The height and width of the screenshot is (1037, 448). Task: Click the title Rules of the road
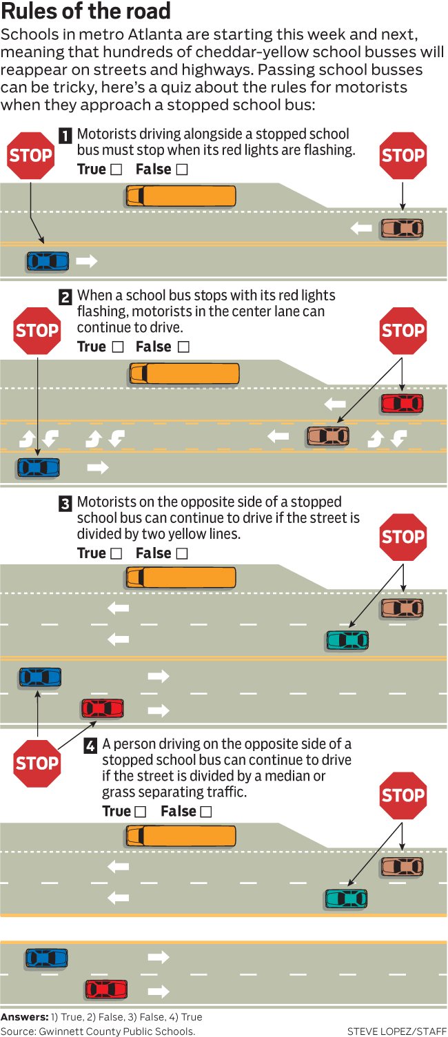coord(85,12)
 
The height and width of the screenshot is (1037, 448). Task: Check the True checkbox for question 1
coord(116,170)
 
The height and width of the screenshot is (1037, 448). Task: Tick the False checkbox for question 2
coord(183,347)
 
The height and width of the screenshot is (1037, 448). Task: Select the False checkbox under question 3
coord(182,553)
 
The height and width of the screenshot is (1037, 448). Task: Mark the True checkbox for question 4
coord(141,812)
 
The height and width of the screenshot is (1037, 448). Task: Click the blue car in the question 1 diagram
coord(48,261)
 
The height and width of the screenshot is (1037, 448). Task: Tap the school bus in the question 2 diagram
coord(184,373)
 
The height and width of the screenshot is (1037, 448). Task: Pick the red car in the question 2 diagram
coord(402,403)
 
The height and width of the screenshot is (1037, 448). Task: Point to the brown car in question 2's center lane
coord(328,435)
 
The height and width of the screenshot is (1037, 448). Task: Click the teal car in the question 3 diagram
coord(347,640)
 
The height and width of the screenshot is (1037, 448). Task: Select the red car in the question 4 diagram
coord(106,989)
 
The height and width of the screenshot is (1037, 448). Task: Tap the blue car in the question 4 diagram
coord(47,957)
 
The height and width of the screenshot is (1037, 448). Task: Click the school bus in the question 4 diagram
coord(181,836)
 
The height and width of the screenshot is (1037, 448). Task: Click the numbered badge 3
coord(65,504)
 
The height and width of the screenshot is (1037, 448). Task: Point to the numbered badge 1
coord(65,136)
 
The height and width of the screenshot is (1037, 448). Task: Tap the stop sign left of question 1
coord(30,155)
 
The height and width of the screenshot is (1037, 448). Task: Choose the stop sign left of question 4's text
coord(37,763)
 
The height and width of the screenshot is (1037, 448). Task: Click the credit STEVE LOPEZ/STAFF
coord(396,1031)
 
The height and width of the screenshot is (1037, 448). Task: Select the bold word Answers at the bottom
coord(24,1017)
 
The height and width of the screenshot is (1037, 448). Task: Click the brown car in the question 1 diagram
coord(402,227)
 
